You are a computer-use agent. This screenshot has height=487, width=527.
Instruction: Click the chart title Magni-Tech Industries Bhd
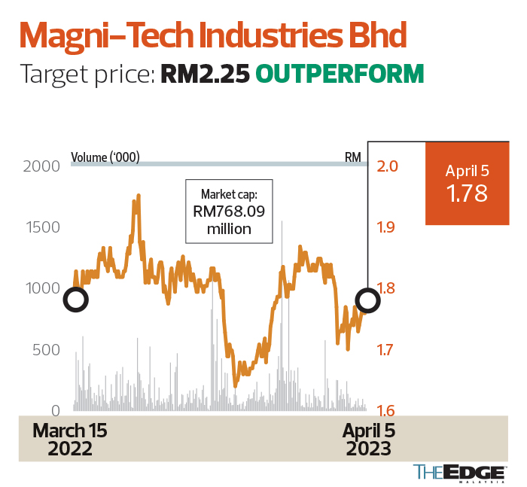click(x=212, y=35)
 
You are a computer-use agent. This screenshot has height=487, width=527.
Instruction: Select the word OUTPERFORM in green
click(x=340, y=74)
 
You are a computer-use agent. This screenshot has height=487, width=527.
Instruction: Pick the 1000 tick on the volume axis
click(x=41, y=288)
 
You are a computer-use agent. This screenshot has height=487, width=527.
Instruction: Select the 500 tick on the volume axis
click(x=47, y=350)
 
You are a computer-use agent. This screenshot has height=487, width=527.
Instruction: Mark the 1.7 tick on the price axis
click(x=387, y=350)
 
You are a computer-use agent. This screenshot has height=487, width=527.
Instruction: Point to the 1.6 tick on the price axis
click(x=387, y=411)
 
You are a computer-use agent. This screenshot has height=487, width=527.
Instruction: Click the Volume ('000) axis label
click(x=105, y=158)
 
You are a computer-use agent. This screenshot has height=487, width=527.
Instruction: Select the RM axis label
click(x=352, y=158)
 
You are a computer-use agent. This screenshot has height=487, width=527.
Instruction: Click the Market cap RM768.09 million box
click(x=230, y=212)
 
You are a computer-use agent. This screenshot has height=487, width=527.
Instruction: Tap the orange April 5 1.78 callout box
click(x=466, y=184)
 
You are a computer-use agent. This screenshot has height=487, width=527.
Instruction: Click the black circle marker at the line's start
click(x=76, y=300)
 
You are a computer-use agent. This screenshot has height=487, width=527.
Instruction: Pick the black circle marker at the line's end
click(x=368, y=300)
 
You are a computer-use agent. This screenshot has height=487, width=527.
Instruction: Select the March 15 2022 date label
click(x=70, y=440)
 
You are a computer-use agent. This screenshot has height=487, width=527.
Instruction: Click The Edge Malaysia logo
click(x=459, y=473)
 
